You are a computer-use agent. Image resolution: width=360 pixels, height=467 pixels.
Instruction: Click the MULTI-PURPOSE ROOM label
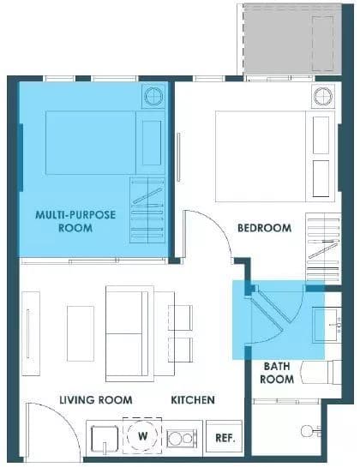pos(75,221)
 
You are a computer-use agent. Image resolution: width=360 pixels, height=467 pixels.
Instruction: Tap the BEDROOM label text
pos(264,228)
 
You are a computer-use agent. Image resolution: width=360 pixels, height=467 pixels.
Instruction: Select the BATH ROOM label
pos(277,373)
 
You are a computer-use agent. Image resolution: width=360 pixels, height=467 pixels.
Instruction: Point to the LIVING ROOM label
pos(96,399)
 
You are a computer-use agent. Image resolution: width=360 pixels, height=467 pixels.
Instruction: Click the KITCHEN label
pos(193,399)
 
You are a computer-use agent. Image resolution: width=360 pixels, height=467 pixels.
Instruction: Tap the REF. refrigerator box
pos(224,438)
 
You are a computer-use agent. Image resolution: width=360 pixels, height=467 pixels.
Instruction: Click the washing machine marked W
pos(142,436)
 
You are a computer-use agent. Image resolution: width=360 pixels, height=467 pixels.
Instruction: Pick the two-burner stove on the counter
pos(182,438)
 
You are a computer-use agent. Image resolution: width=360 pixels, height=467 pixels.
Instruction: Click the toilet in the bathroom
pos(310,431)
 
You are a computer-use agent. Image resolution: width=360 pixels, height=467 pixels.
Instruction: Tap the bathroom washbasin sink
pos(327,326)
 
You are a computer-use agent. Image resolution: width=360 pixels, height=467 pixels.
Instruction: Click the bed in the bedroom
pos(275,156)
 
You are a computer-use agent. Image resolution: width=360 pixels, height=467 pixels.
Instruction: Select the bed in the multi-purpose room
pos(105,142)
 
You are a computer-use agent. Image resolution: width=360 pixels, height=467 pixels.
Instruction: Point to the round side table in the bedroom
pos(323,96)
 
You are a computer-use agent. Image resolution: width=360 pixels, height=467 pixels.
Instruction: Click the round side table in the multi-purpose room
pos(153,96)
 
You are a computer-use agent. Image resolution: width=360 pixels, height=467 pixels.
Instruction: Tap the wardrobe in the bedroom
pos(323,247)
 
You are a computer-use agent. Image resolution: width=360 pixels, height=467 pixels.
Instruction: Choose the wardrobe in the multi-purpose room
pos(147,211)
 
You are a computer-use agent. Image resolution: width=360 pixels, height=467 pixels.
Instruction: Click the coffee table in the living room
pos(81,333)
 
